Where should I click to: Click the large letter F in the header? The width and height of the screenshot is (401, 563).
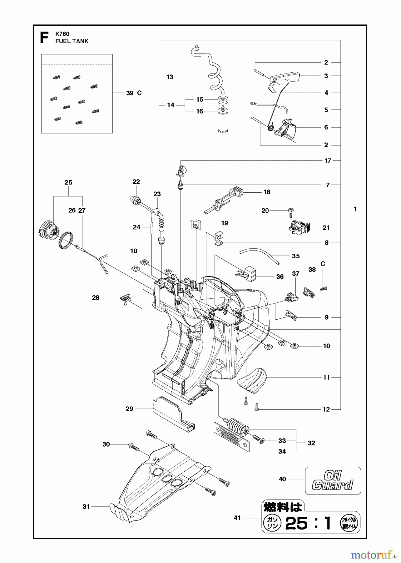[44, 38]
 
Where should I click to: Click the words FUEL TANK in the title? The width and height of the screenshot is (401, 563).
[72, 41]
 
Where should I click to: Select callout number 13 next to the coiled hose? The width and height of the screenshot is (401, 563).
[170, 77]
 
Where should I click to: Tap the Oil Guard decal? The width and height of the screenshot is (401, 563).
[333, 481]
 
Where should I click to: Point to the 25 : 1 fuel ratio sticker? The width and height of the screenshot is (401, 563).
[311, 523]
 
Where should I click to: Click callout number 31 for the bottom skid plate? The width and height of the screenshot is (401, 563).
[86, 506]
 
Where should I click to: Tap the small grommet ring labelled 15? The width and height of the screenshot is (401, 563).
[223, 101]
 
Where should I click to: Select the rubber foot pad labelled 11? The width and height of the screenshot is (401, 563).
[252, 379]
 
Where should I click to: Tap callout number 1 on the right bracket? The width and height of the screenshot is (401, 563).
[355, 209]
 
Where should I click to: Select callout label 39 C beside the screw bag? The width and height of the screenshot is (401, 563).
[134, 93]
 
